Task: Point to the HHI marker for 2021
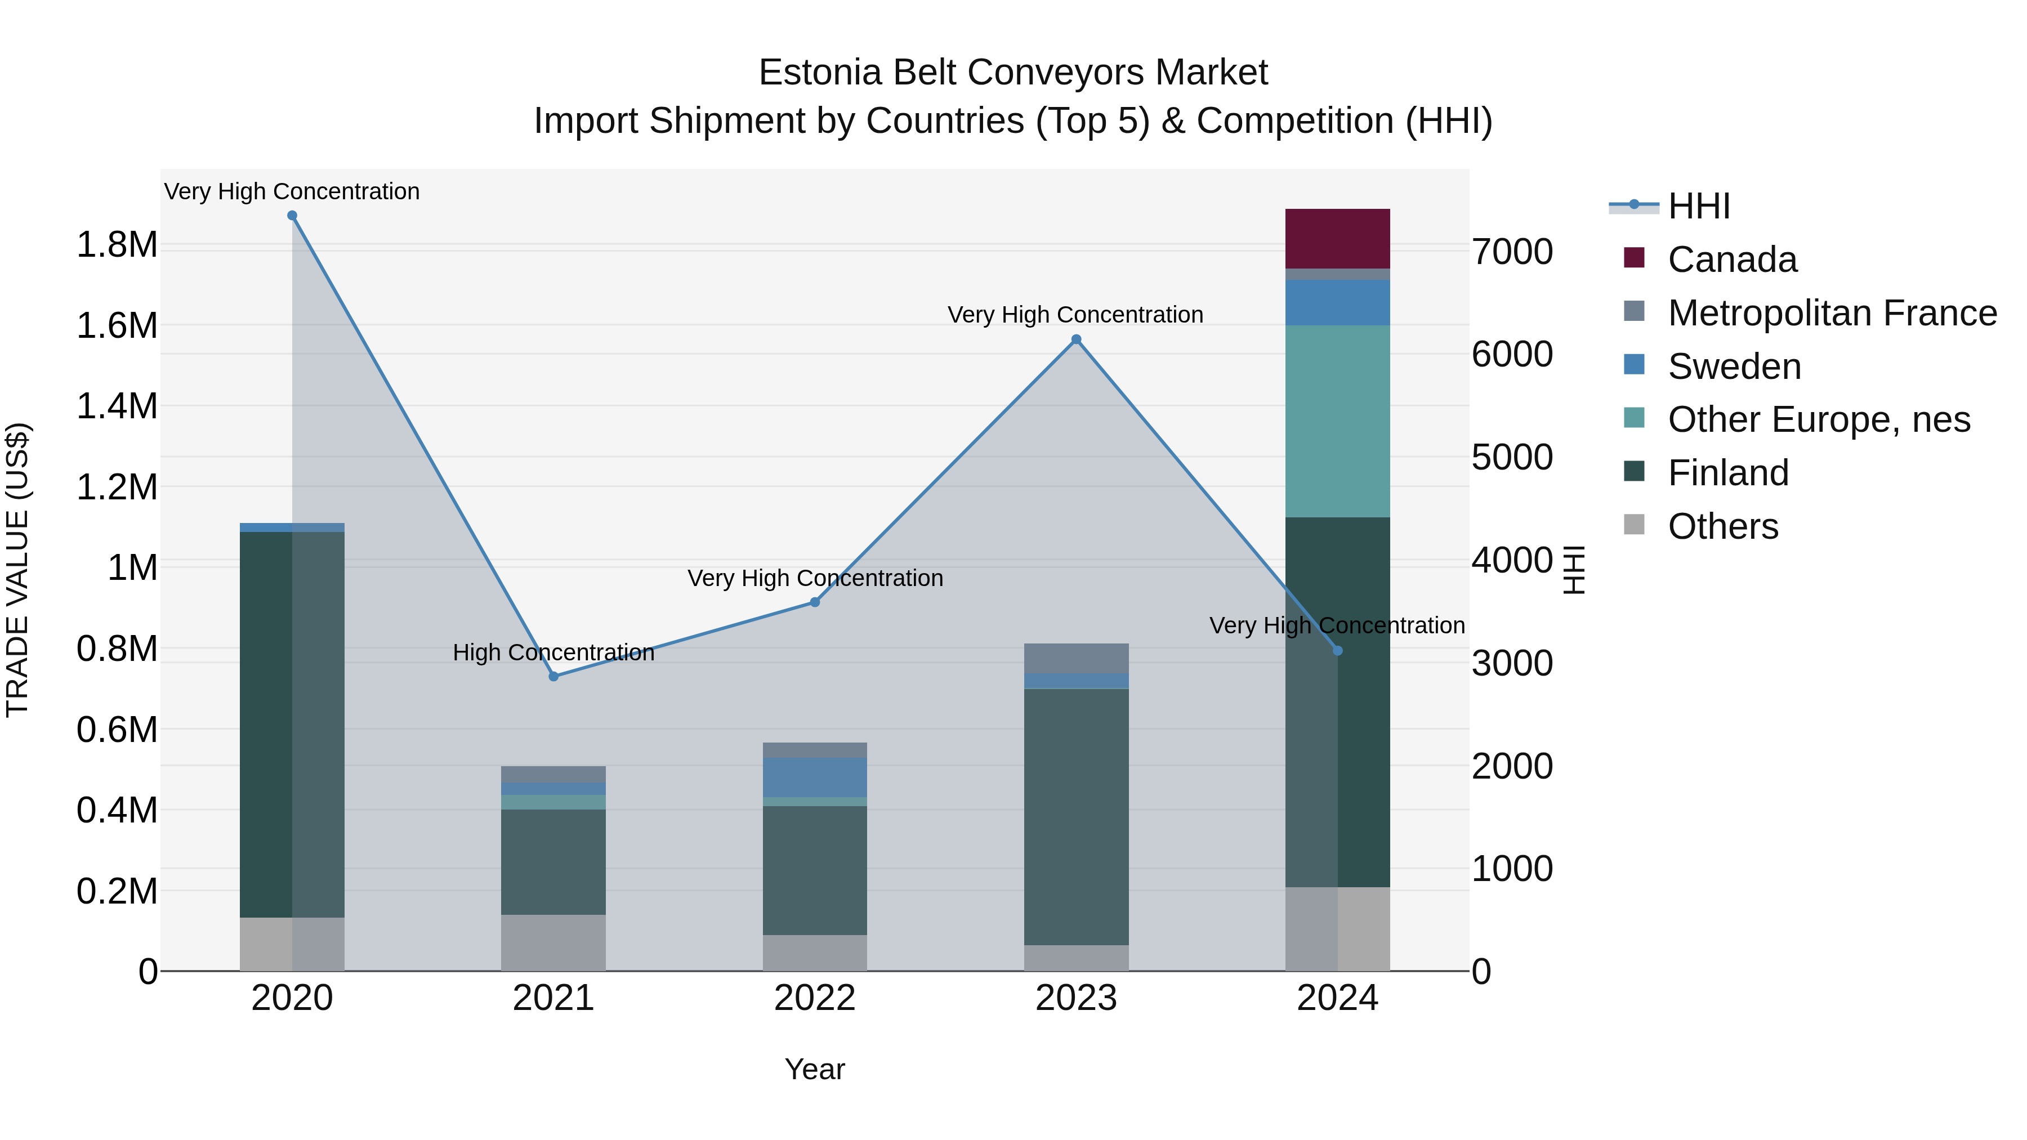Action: click(x=553, y=677)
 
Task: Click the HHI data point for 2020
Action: click(x=292, y=216)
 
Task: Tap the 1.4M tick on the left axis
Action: click(x=117, y=407)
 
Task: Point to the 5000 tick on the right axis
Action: click(x=1512, y=457)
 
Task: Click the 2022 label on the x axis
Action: click(x=814, y=998)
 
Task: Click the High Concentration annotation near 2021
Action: click(x=553, y=652)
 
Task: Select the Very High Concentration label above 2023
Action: click(x=1075, y=315)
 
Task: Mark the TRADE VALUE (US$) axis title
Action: click(x=18, y=570)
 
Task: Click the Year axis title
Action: click(x=814, y=1069)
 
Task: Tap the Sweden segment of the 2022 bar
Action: click(x=814, y=777)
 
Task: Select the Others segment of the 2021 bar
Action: click(x=553, y=942)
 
